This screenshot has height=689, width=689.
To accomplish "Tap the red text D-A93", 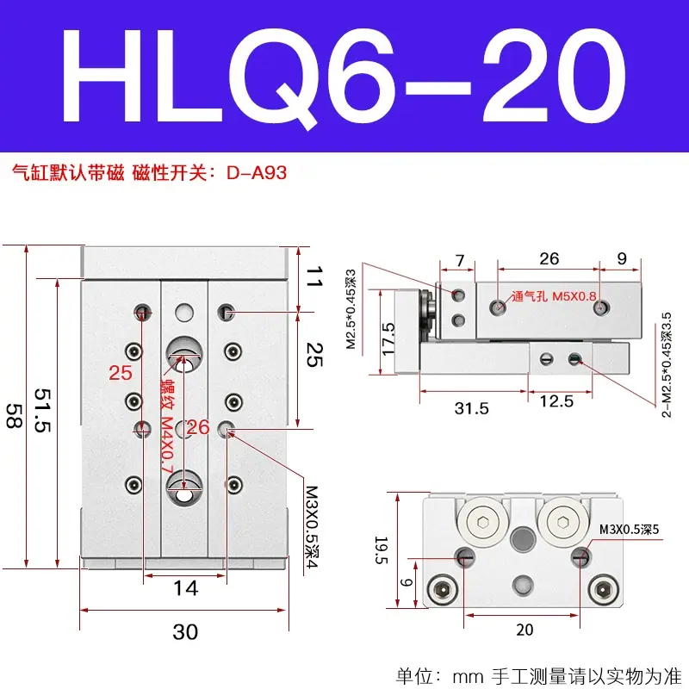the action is point(257,173).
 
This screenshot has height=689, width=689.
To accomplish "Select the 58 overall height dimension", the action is point(14,416).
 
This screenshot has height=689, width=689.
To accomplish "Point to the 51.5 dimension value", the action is point(42,410).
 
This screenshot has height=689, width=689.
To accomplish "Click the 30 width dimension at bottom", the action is point(185,632).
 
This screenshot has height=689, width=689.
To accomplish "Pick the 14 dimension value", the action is point(185,588).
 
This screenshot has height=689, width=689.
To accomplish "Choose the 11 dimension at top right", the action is point(314,276).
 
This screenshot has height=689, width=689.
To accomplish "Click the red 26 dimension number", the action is point(198,427).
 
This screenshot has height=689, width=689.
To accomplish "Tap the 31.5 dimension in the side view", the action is point(471,408).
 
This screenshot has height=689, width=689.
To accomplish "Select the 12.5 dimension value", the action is point(556,401).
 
